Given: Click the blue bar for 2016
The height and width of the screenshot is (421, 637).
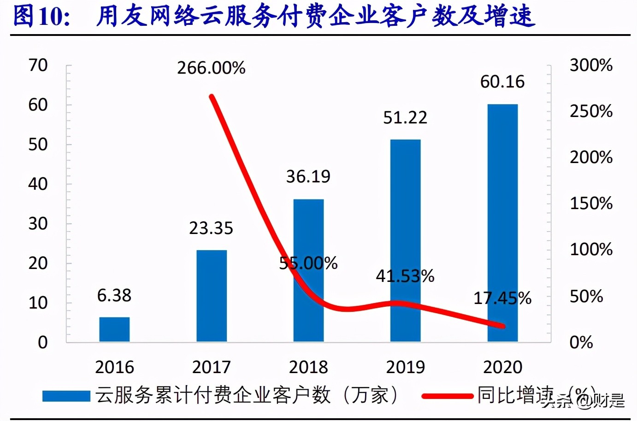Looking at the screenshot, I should point(114,329).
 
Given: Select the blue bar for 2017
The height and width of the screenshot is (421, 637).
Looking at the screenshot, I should point(212,295).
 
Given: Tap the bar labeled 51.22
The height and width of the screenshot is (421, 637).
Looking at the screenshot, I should point(405,240).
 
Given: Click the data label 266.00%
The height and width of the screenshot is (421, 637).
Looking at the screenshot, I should point(211,68).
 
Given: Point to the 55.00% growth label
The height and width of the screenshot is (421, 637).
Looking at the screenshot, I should point(308,263).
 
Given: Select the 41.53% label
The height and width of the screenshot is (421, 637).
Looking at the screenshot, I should point(405,276).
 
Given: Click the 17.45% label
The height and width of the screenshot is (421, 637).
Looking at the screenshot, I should point(502,298).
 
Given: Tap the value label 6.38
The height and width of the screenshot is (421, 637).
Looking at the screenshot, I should point(114,295).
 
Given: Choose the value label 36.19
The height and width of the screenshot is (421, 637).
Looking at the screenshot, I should point(308,176).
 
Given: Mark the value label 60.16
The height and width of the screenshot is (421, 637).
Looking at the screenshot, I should point(502,82).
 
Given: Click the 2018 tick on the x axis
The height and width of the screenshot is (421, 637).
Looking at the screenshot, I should point(308,367).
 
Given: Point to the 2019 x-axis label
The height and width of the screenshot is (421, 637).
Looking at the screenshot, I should point(405,367).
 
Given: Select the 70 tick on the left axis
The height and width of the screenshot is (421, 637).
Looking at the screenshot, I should point(38,65).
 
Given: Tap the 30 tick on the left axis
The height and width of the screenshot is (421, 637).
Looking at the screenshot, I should point(38,224).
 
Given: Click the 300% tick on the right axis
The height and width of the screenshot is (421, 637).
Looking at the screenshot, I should point(591,65).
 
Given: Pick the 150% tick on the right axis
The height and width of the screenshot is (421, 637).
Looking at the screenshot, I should point(591,204).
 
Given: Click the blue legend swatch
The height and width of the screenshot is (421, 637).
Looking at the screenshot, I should point(66,396).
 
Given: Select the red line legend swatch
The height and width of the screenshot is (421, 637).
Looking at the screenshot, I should point(447,396).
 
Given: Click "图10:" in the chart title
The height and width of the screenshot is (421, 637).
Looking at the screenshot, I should point(41,16).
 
